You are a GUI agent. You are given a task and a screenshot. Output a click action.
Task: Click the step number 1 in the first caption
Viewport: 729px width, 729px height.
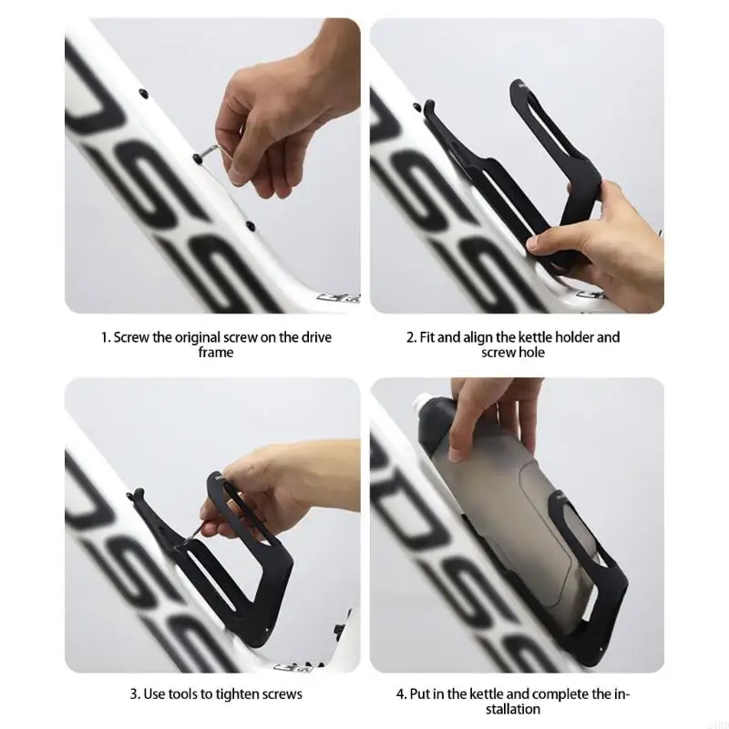point(105,337)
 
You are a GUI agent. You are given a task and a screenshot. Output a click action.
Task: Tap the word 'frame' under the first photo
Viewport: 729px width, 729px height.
point(216,353)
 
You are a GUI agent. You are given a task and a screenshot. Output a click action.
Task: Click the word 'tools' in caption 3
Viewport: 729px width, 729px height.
point(183,694)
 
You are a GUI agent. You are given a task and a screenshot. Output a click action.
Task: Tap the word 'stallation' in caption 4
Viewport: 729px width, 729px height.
point(513,710)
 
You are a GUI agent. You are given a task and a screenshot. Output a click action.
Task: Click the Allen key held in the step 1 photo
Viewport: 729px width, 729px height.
point(215,151)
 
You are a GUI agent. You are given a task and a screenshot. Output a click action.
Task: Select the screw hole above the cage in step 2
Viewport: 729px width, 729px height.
point(419,108)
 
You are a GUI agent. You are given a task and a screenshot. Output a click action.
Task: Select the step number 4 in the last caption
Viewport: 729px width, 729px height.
point(401,695)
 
